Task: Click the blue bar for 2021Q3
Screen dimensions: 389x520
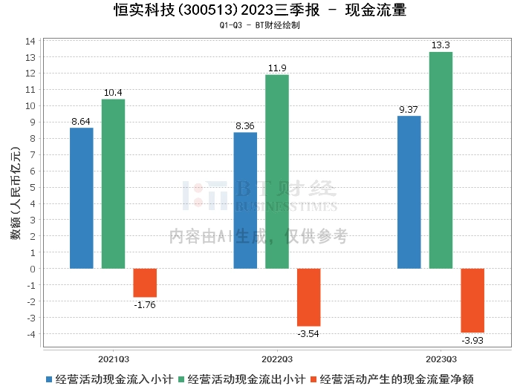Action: point(82,198)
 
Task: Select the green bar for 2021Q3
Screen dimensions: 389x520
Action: point(113,183)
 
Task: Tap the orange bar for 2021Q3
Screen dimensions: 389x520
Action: point(145,283)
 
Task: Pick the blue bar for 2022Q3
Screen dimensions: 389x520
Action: point(245,200)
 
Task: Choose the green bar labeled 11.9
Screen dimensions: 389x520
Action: point(277,171)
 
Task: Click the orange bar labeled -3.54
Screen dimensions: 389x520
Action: point(309,297)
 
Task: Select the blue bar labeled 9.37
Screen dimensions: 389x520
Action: point(409,192)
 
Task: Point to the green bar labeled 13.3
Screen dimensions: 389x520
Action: point(441,160)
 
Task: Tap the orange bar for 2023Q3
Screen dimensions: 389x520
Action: point(472,300)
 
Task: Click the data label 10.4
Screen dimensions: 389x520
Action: point(113,93)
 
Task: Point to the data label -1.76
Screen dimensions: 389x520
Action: point(145,304)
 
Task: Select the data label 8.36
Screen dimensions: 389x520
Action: point(245,126)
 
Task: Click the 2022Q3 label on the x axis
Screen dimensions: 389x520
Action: point(277,357)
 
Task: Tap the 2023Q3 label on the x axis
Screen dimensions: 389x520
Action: point(441,357)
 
